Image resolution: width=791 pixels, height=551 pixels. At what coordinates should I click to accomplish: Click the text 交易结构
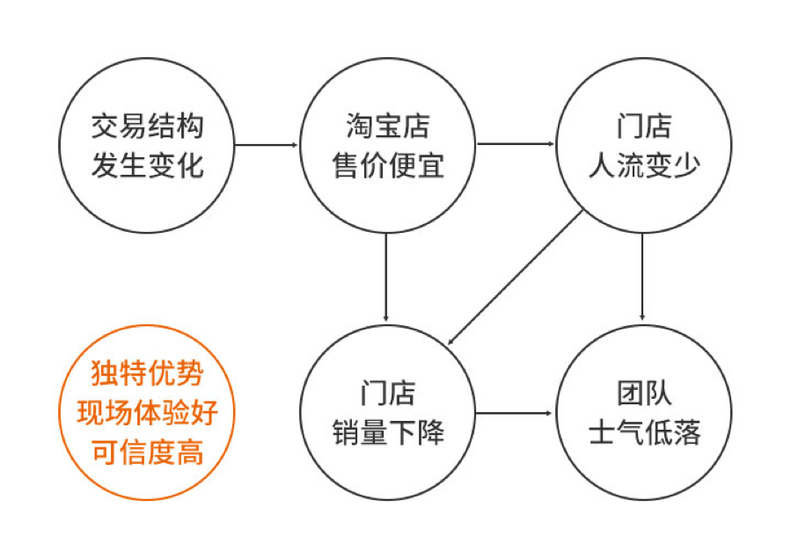(x=147, y=127)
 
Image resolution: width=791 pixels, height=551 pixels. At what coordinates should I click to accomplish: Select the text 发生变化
(x=147, y=164)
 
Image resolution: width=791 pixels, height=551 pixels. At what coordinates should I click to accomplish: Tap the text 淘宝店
(x=388, y=127)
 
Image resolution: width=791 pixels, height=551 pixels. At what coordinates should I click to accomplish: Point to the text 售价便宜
(x=388, y=164)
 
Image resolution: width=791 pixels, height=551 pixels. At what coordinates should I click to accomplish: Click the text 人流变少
(x=643, y=164)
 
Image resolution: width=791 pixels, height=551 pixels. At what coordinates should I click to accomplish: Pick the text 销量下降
(x=388, y=432)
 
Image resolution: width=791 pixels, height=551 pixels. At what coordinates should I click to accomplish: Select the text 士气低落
(x=643, y=432)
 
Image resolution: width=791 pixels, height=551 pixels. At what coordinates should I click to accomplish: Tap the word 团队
(x=643, y=393)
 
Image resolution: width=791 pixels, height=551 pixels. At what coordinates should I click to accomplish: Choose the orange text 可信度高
(x=147, y=452)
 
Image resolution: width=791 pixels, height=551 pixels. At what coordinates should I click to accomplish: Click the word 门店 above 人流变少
(x=643, y=127)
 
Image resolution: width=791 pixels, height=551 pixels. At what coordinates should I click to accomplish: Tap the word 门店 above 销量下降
(x=388, y=393)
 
